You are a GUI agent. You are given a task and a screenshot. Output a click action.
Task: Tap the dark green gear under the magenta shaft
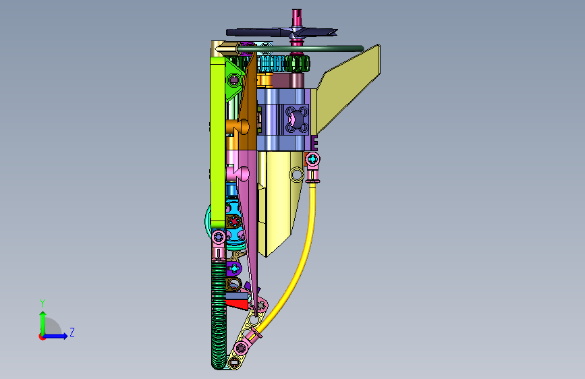[298, 63]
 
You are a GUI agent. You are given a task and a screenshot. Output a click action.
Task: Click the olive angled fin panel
[348, 88]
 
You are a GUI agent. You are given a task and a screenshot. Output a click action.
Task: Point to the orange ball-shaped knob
[242, 126]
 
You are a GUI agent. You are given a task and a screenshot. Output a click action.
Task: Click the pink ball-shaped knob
[242, 174]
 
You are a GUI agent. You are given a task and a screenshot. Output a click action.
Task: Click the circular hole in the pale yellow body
[296, 174]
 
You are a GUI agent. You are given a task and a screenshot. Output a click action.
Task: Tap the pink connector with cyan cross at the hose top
[312, 160]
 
